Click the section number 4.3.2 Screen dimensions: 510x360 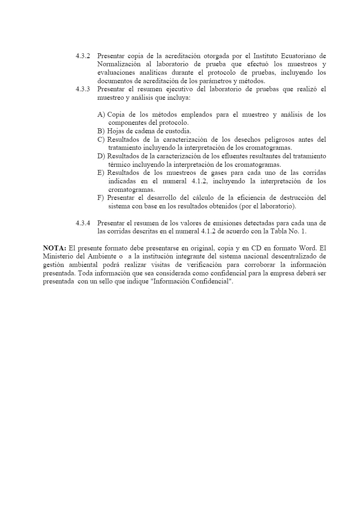[x=83, y=56]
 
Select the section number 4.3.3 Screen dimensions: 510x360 [x=83, y=89]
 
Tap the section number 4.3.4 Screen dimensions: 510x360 [x=83, y=223]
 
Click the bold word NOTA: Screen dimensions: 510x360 [x=54, y=248]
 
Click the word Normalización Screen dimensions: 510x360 [x=119, y=64]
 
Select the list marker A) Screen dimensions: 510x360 [x=101, y=115]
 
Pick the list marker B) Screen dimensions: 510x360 [x=101, y=131]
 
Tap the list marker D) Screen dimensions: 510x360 [x=101, y=156]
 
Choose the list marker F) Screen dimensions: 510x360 [x=101, y=198]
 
